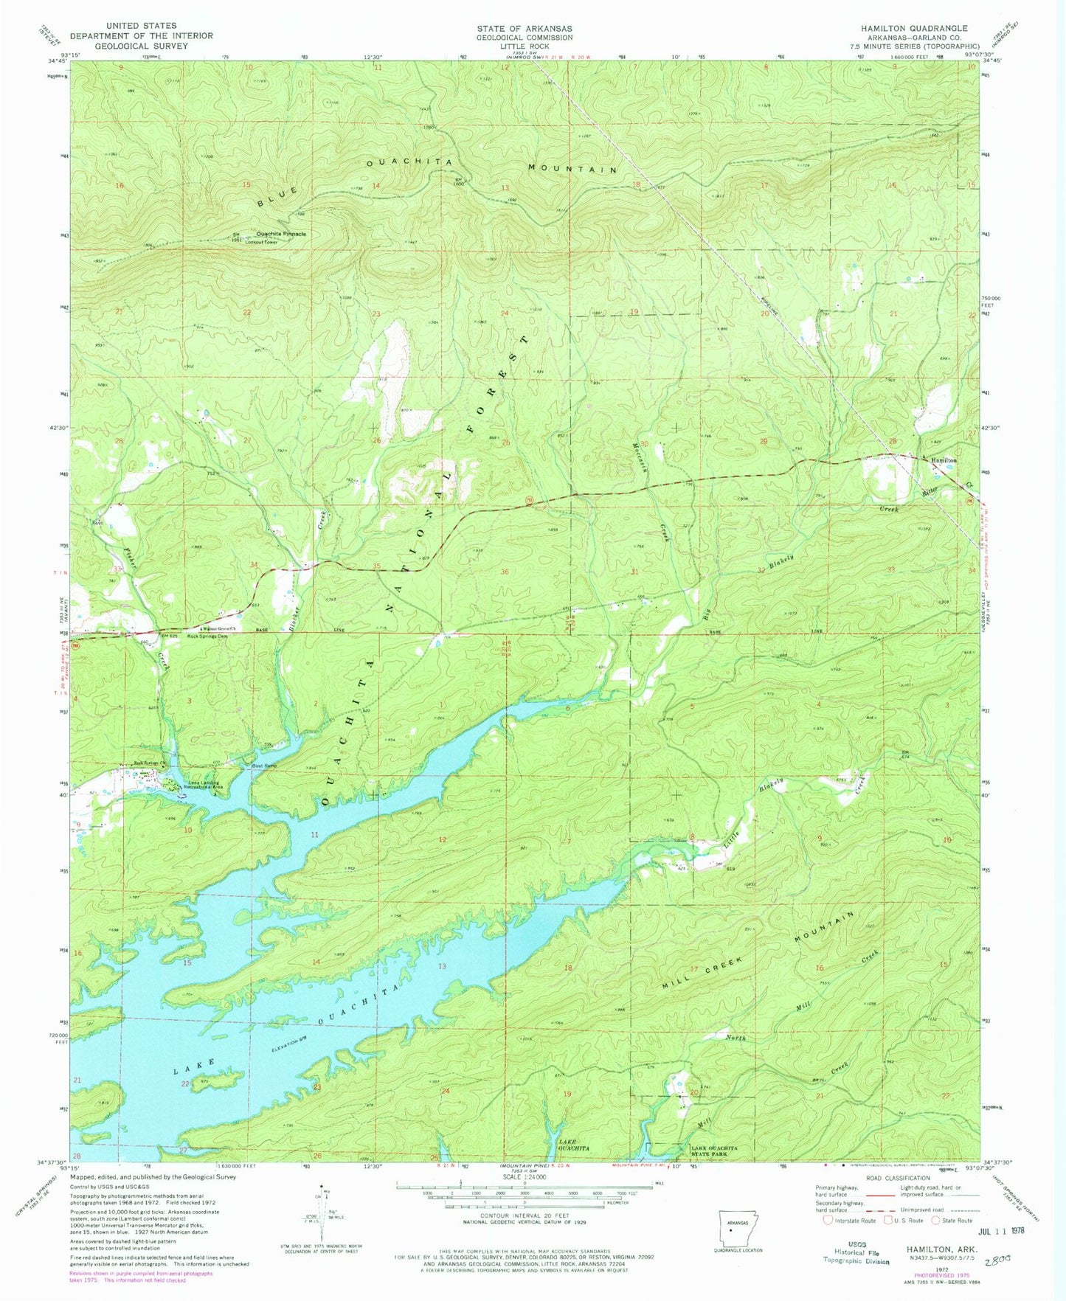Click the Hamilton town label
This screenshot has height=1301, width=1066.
point(944,460)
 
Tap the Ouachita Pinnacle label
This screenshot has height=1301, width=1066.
point(281,234)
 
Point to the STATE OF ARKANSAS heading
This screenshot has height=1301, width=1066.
point(524,28)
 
